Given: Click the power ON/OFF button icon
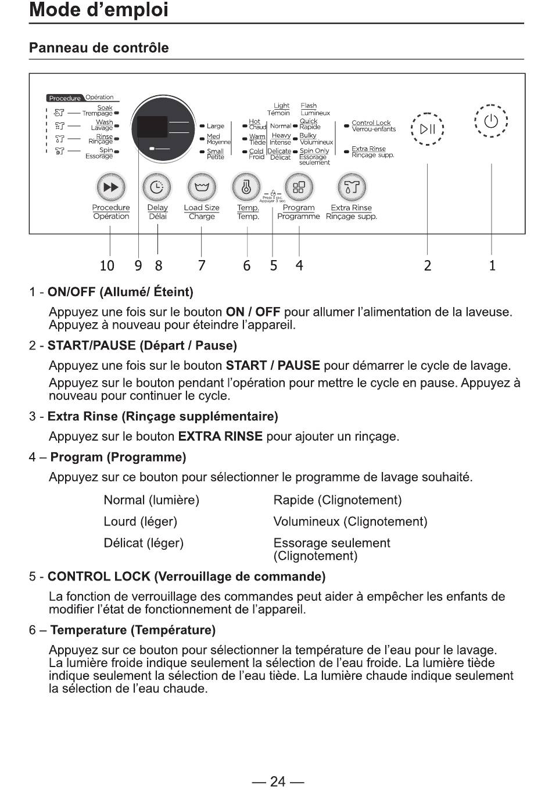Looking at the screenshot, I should point(491,121).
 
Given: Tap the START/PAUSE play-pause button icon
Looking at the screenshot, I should point(427,129).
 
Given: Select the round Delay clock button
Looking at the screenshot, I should point(157,187).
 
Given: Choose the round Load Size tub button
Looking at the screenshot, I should point(202,187).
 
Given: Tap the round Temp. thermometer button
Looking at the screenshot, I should point(246,187).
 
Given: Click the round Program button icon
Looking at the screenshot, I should point(299,187).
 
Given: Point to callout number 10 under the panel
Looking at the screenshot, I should point(107,266).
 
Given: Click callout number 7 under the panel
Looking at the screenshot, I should point(202,266).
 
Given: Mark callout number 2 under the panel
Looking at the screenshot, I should point(428,266).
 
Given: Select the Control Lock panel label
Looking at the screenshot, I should point(371,123).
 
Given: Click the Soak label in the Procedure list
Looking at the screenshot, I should point(105,108).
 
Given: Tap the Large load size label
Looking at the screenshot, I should point(215,126).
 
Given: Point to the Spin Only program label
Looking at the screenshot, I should point(314,151).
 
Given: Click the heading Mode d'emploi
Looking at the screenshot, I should point(99,10).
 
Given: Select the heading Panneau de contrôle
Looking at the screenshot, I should point(99,48).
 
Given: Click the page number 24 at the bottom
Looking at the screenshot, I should point(278,781).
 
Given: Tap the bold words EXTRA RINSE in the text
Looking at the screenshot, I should point(220,437).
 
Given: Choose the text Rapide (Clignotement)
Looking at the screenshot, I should point(337,500).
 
